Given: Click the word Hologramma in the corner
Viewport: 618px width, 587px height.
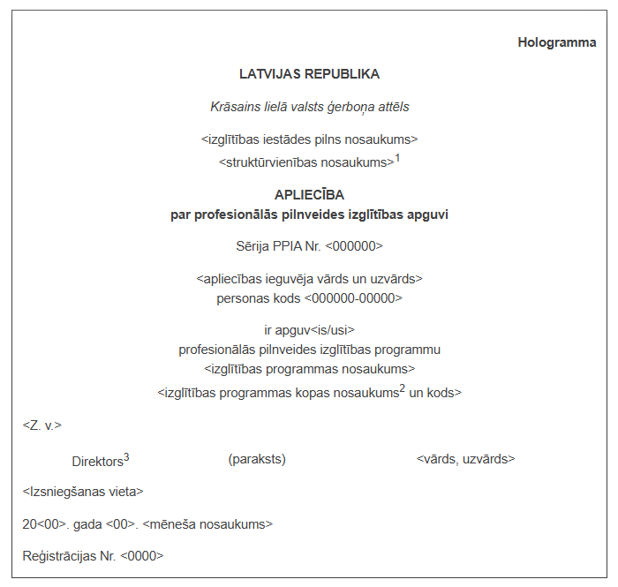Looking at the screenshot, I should pos(556,42).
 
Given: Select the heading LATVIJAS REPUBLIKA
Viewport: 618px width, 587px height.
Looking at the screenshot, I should pos(309,74).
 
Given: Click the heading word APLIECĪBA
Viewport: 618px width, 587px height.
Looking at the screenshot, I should pos(309,194).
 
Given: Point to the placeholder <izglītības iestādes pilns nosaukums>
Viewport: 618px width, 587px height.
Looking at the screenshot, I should pos(309,139).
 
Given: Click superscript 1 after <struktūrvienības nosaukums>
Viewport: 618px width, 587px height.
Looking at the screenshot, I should pos(397,158).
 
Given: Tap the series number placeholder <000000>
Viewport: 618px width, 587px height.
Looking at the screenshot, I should pos(354,246).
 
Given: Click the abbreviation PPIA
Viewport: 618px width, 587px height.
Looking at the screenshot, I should pos(285,246).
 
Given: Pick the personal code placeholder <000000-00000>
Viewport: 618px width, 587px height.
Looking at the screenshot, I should pos(353,298).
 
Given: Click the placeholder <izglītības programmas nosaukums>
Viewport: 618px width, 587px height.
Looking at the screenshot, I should pos(309,368).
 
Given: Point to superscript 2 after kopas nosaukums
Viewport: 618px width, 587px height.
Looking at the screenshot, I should pos(403,388).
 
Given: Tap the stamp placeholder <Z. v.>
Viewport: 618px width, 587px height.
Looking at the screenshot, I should pos(42,425).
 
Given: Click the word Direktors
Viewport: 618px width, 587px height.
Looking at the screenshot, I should pos(97,461).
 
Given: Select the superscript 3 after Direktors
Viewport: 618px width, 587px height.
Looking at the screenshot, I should pos(126,456).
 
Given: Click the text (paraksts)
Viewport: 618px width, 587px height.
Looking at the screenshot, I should pos(257,459).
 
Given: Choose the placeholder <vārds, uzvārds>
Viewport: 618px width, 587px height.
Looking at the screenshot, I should pos(465,459).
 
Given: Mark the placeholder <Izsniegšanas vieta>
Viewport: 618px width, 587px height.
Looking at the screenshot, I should pos(83,492).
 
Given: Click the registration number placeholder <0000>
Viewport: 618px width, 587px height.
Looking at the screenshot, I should pos(142,556).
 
